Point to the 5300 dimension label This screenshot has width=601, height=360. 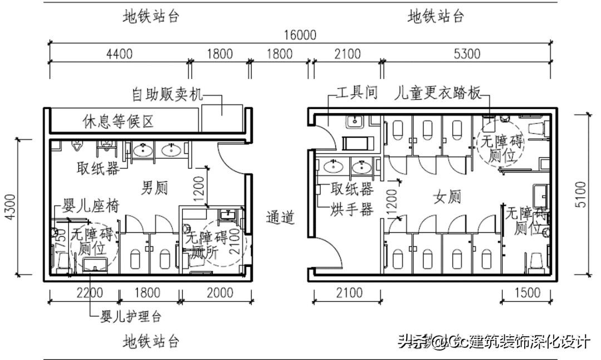point(467,54)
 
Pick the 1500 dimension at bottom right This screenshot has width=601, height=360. point(528,293)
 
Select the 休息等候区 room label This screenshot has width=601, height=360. point(118,121)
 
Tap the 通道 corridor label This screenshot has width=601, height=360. point(280,217)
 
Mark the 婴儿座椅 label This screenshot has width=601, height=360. point(91,205)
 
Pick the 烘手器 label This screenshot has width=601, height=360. point(351,209)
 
